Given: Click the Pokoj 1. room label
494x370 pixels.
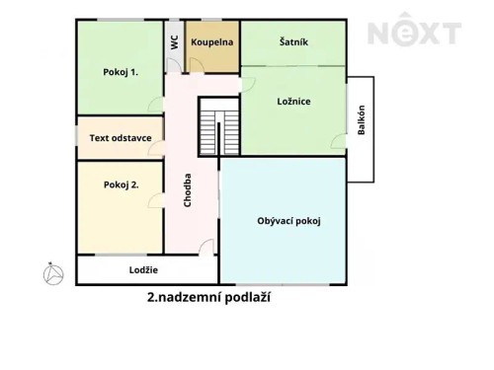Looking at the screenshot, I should click(x=121, y=72).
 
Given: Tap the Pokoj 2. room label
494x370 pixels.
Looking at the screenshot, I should click(x=121, y=185).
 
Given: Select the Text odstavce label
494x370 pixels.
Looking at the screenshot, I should click(x=121, y=138).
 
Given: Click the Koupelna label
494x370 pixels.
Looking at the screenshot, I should click(x=212, y=42).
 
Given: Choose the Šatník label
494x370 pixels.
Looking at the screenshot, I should click(x=293, y=42).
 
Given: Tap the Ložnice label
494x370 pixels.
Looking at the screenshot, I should click(x=293, y=102).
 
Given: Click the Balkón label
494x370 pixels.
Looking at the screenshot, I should click(x=362, y=126).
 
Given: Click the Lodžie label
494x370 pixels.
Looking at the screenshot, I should click(x=143, y=269).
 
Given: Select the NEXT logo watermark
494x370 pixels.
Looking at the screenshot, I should click(x=414, y=34).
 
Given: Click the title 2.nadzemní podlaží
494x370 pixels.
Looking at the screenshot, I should click(x=207, y=295).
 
